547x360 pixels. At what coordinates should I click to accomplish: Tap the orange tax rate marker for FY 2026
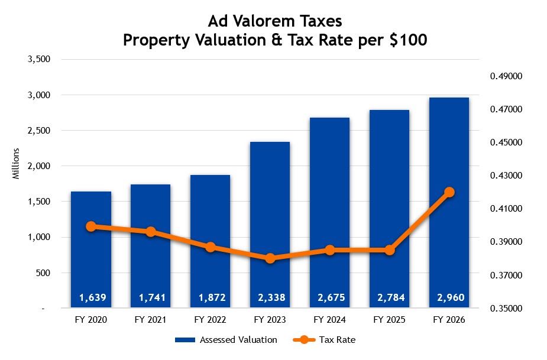tap(449, 192)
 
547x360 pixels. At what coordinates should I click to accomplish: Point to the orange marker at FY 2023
tap(270, 258)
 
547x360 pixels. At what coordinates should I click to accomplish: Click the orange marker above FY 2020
tap(91, 226)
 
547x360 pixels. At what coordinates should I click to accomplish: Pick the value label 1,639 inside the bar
tap(91, 298)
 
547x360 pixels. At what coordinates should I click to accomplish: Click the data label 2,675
tap(330, 298)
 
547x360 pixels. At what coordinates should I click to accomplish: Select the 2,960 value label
tap(449, 298)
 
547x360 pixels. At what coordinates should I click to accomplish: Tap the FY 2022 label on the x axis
tap(210, 320)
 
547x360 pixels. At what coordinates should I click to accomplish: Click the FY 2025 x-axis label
tap(389, 320)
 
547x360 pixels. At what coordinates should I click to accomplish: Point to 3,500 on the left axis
tap(40, 59)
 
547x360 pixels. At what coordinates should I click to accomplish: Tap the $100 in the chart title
tap(406, 41)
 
